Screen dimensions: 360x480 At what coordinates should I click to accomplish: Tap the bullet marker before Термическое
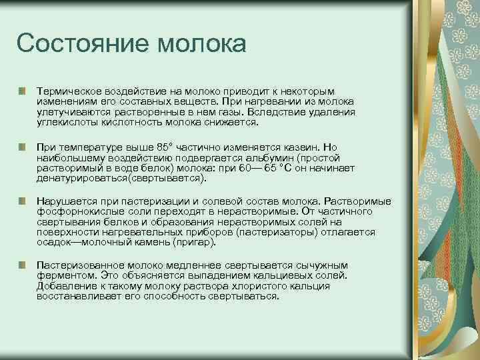tap(23, 90)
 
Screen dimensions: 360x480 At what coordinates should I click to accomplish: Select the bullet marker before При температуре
tap(23, 145)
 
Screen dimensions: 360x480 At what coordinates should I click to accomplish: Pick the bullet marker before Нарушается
tap(23, 201)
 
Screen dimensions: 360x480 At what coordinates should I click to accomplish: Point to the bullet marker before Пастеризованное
tap(23, 265)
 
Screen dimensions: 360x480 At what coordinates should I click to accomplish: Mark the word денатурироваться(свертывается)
tap(122, 179)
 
